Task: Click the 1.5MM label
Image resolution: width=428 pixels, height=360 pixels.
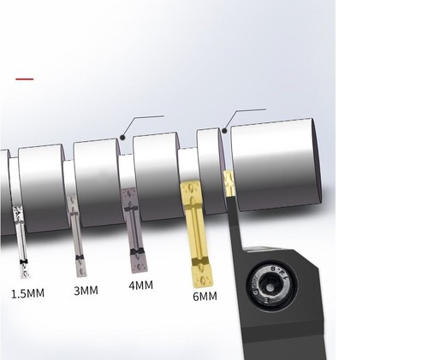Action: [28, 293]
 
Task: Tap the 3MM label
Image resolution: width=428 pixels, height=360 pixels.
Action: [86, 291]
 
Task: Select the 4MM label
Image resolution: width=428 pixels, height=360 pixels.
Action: [140, 285]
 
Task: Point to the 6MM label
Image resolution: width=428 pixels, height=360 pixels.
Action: [205, 297]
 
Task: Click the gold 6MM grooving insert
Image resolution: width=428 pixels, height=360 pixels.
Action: [197, 234]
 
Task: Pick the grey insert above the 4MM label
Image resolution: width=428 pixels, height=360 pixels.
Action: [134, 230]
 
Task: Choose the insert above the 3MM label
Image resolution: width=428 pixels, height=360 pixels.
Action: [76, 236]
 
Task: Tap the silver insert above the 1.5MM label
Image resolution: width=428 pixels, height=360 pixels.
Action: [21, 241]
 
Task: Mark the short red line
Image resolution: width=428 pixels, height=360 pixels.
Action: [25, 79]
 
